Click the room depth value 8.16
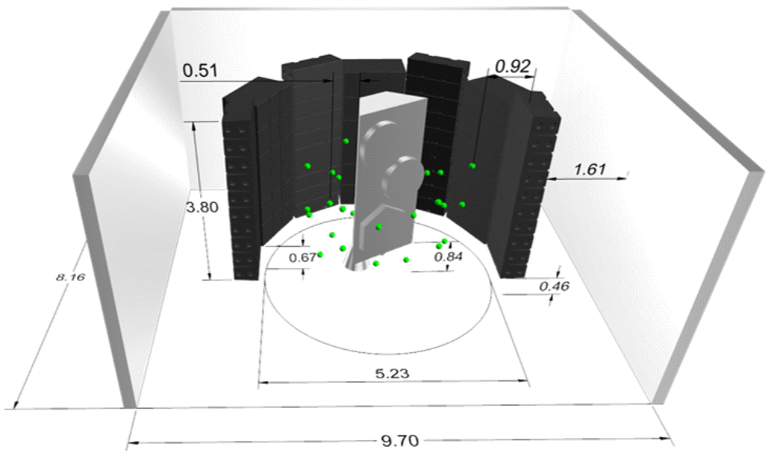tap(70, 277)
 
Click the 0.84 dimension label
tap(449, 257)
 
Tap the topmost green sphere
tap(346, 140)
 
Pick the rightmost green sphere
tap(472, 166)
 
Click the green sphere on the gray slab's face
tap(379, 226)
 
